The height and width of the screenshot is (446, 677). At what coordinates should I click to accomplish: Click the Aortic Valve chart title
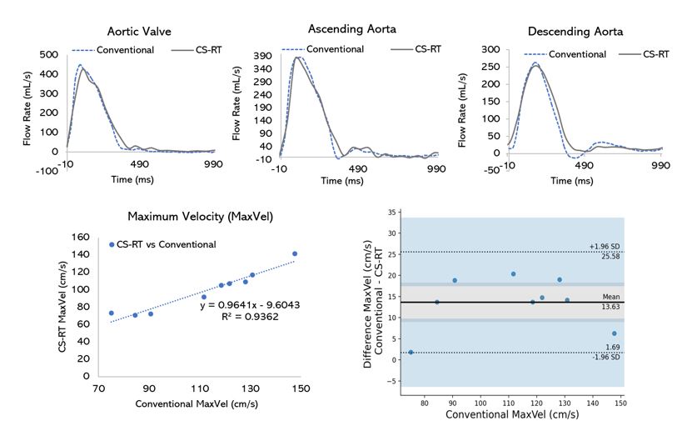coord(139,32)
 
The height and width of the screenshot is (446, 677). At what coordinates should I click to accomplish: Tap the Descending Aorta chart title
coord(575,32)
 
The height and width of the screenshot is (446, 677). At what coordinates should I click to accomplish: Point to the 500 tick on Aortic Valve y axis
coord(48,55)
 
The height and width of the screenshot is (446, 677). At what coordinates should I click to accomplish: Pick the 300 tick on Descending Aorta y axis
coord(491,50)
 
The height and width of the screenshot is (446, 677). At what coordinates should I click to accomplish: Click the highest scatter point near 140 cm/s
coord(295,253)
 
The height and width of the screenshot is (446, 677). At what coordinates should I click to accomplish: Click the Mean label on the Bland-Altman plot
coord(612,296)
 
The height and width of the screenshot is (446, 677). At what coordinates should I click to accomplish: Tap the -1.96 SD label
coord(611,357)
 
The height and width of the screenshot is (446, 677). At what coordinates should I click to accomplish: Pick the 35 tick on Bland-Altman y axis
coord(392,213)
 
